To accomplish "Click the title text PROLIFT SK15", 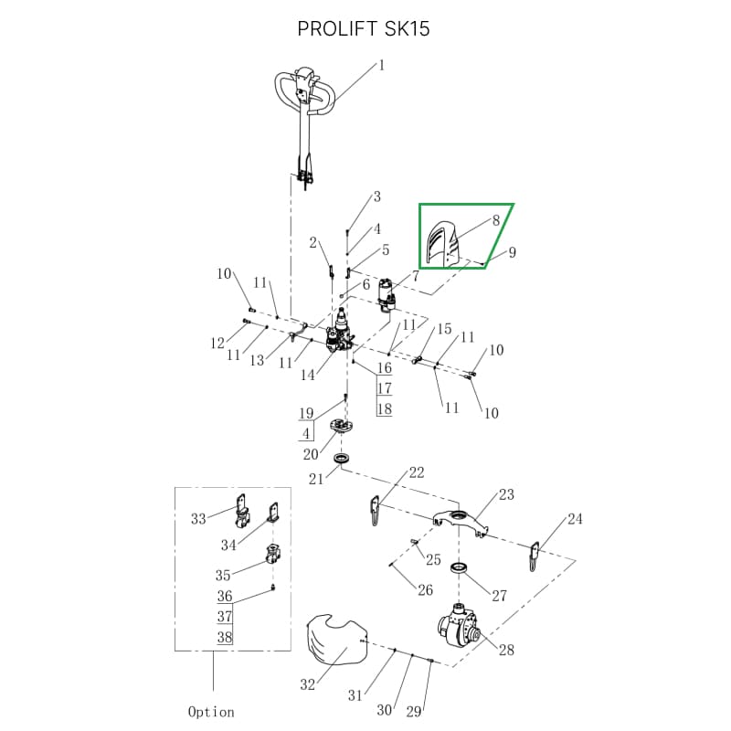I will [x=364, y=29].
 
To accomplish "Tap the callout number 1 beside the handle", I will [x=382, y=65].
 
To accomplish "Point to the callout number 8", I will [x=496, y=220].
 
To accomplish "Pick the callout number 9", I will [x=513, y=252].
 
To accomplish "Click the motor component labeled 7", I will [x=390, y=294].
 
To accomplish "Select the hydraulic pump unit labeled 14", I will [x=342, y=333].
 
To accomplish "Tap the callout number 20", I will [x=311, y=454].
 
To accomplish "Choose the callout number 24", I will [x=575, y=519].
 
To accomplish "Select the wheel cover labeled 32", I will [x=335, y=636].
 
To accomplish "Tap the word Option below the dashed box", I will [x=211, y=712].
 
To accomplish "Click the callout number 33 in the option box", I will [x=198, y=518].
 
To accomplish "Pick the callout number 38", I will [x=225, y=637].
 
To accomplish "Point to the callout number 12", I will [x=217, y=344].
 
